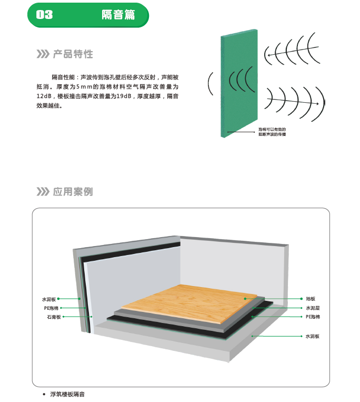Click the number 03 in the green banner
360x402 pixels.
click(x=44, y=15)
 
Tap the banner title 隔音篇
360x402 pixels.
click(x=118, y=15)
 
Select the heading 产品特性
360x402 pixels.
click(x=73, y=54)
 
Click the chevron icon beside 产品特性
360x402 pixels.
click(x=43, y=54)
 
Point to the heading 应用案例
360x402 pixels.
click(x=73, y=191)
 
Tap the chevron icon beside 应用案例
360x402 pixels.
click(x=43, y=191)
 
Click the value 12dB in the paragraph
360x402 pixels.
click(x=44, y=96)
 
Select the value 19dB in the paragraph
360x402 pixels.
click(x=124, y=96)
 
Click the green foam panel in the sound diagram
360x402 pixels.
click(x=239, y=83)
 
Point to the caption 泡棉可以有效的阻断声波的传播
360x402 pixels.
click(x=272, y=132)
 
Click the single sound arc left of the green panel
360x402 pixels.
click(x=210, y=84)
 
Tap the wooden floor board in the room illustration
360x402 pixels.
click(x=189, y=303)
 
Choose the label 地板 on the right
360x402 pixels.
click(x=311, y=299)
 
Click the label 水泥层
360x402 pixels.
click(x=313, y=308)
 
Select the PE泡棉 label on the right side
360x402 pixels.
click(x=313, y=317)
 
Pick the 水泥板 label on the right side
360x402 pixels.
click(x=313, y=336)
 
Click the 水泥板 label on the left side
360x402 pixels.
click(x=49, y=299)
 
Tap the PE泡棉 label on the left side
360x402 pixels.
click(x=51, y=308)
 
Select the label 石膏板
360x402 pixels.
click(x=54, y=317)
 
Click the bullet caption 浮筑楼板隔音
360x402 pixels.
click(x=67, y=394)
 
